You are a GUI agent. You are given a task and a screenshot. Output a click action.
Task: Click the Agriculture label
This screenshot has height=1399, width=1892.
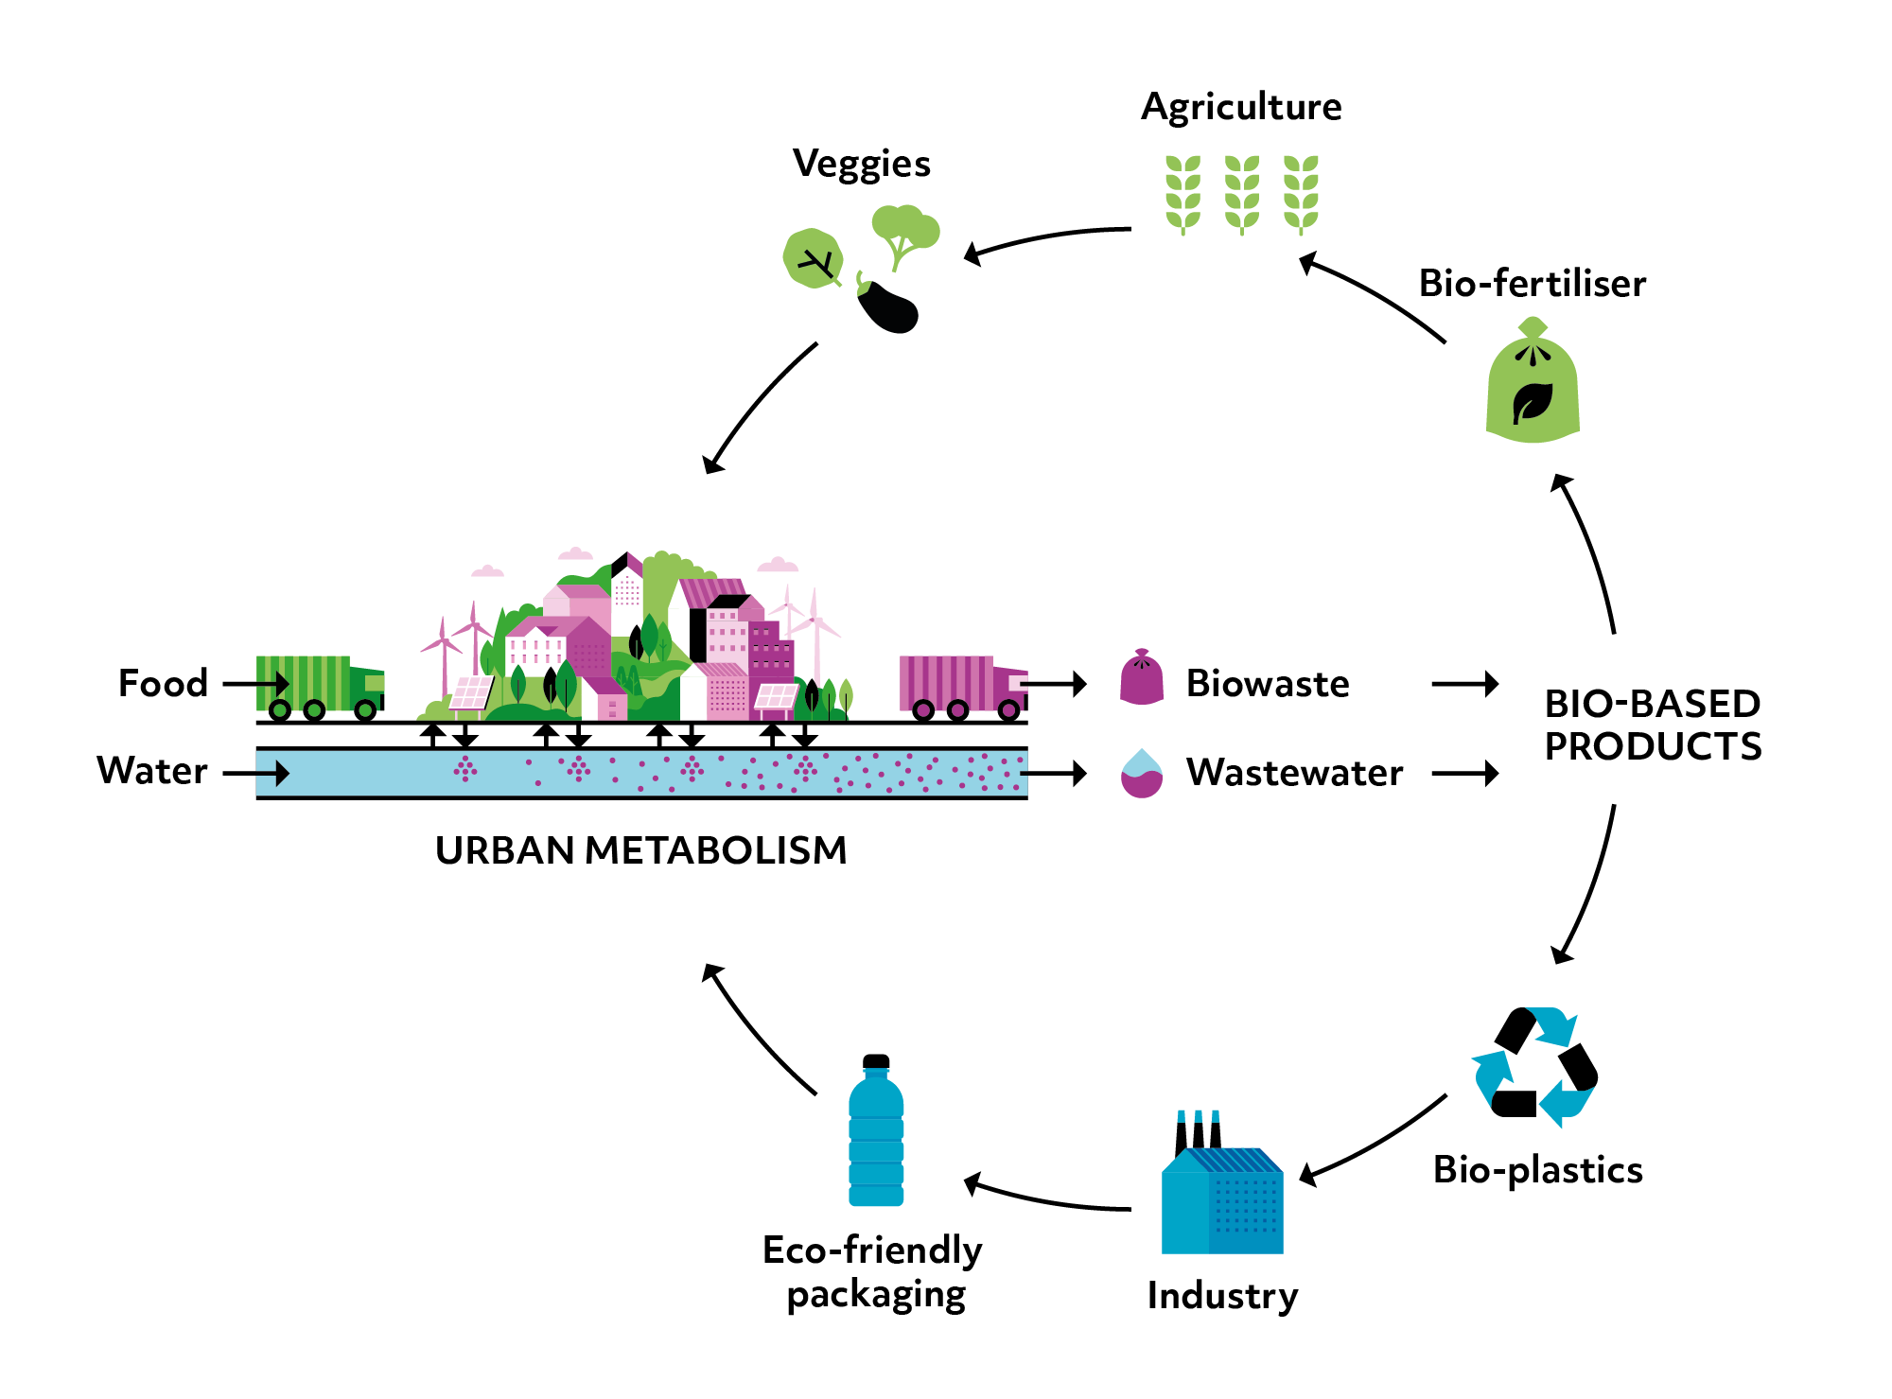click(x=1241, y=107)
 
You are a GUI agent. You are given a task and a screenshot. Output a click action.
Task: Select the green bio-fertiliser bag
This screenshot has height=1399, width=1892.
click(x=1533, y=383)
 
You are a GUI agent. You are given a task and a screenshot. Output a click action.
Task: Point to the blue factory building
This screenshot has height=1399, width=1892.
click(x=1222, y=1197)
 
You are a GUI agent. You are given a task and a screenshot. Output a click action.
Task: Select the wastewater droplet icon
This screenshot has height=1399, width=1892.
click(x=1142, y=774)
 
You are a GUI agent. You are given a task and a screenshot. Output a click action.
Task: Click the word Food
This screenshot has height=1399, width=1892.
click(x=163, y=683)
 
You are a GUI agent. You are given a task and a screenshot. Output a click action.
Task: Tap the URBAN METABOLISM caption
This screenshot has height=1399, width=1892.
click(x=640, y=850)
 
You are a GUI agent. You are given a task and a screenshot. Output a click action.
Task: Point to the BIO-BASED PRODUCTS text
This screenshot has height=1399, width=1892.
click(x=1652, y=725)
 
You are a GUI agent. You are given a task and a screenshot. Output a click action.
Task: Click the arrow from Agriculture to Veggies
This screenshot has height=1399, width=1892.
click(x=1046, y=238)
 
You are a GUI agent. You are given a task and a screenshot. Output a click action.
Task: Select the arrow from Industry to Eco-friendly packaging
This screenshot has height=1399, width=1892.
click(x=1046, y=1198)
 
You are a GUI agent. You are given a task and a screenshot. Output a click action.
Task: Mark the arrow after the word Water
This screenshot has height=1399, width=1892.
click(x=256, y=773)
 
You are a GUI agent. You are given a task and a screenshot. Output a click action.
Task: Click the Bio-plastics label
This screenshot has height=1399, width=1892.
click(x=1537, y=1170)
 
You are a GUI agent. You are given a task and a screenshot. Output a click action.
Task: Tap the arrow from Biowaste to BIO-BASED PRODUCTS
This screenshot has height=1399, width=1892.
click(x=1464, y=683)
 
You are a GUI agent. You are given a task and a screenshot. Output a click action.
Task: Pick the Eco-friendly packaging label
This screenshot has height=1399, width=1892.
click(x=872, y=1271)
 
